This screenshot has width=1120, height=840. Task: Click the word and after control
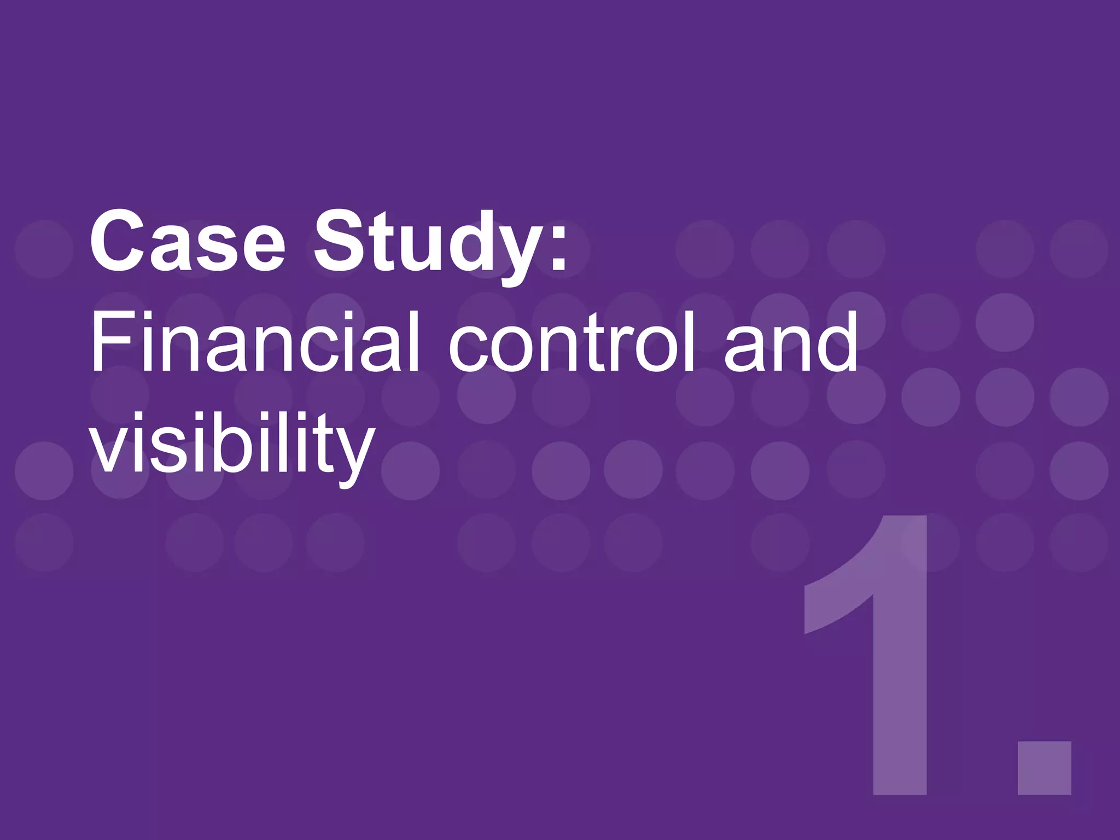coord(791,342)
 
